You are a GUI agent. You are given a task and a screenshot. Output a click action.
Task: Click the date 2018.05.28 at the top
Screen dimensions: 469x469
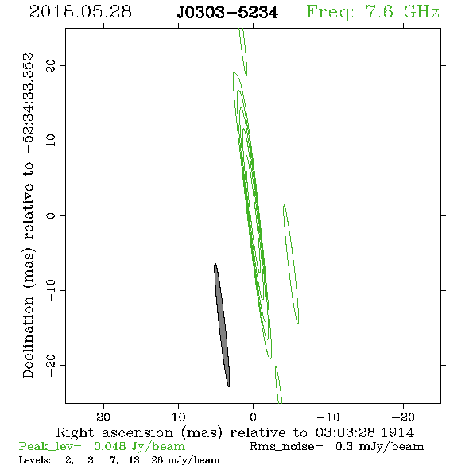tap(80, 12)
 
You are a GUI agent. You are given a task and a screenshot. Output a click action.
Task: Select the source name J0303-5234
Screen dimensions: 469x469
tap(227, 13)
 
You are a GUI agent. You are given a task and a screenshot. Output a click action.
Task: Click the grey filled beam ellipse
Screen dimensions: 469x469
tap(222, 324)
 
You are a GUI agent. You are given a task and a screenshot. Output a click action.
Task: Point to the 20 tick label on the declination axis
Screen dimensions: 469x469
tap(51, 66)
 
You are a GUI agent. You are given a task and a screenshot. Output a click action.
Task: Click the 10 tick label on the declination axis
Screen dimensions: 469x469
tap(51, 141)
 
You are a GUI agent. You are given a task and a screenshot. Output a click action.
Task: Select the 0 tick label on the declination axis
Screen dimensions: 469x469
tap(51, 215)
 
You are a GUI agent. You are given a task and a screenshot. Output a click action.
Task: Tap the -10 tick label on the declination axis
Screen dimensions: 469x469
tap(51, 290)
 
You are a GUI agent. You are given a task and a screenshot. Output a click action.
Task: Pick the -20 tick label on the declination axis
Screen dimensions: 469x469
tap(51, 365)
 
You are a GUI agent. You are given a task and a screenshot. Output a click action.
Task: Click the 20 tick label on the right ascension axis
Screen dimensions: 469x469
tap(103, 417)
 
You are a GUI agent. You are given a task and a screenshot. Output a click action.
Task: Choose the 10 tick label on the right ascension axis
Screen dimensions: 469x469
tap(178, 417)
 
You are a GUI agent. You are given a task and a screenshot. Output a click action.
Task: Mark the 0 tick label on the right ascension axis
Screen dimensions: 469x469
tap(254, 417)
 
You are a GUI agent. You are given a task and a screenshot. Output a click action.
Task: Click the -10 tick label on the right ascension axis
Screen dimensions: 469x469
tap(328, 417)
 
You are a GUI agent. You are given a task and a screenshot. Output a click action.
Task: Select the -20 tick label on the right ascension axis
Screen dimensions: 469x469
tap(403, 417)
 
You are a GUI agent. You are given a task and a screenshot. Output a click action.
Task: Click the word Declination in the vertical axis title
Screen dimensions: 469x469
tap(28, 337)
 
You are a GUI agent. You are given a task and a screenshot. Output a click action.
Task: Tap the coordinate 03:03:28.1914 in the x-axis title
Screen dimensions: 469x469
tap(365, 432)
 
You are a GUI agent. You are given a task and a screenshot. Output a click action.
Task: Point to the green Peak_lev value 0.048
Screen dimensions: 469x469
tap(110, 446)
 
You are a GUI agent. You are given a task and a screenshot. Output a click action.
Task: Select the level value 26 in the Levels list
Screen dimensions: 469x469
tap(157, 459)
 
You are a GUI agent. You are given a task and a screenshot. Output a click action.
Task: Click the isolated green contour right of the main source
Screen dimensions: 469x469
tap(291, 264)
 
